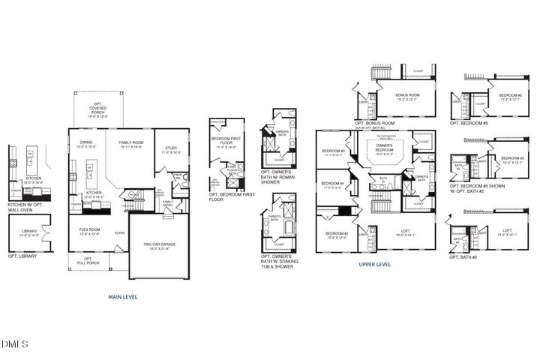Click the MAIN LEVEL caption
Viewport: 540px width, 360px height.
(x=123, y=297)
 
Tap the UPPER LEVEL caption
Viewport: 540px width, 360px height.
(x=375, y=265)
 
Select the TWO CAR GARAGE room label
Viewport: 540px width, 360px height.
(x=159, y=244)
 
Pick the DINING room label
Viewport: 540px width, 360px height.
(x=87, y=142)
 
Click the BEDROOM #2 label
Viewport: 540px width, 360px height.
(x=334, y=234)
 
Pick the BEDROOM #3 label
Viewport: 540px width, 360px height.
(x=333, y=152)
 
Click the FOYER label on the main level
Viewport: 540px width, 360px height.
(x=120, y=233)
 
